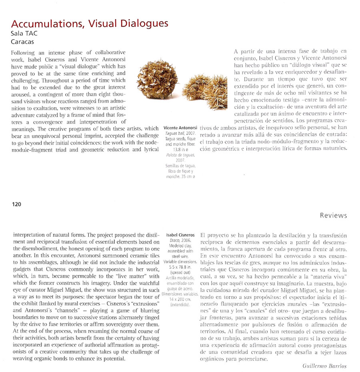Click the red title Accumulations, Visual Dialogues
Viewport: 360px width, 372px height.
pyautogui.click(x=90, y=24)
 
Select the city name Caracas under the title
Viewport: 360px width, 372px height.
pyautogui.click(x=22, y=41)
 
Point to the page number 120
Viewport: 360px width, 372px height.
pyautogui.click(x=16, y=204)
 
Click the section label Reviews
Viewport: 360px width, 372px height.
pyautogui.click(x=333, y=215)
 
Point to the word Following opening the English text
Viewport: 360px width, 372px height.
pyautogui.click(x=24, y=53)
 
